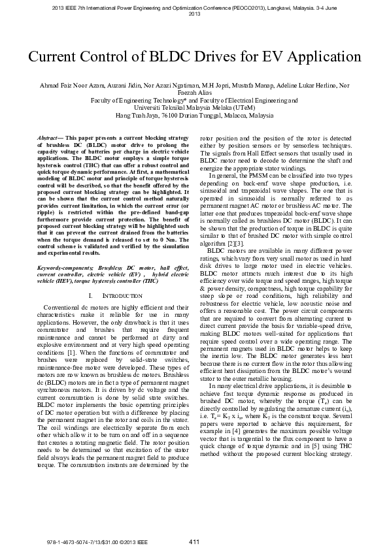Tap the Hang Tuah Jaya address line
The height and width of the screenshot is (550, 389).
pyautogui.click(x=194, y=115)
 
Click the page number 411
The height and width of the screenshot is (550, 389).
pyautogui.click(x=194, y=541)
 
